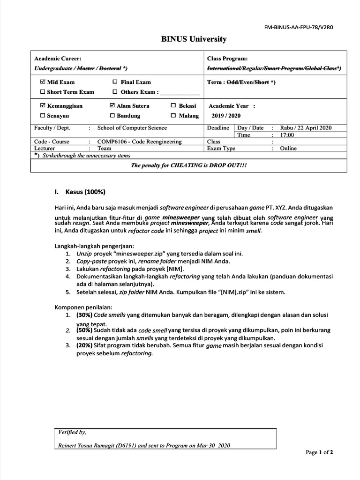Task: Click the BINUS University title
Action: [x=194, y=39]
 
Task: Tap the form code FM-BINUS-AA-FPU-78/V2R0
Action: [x=300, y=27]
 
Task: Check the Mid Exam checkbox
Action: [x=43, y=82]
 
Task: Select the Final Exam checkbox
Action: [x=115, y=82]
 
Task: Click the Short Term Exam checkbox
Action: [x=43, y=92]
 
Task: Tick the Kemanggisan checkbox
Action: [x=43, y=106]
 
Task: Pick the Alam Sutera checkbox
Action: [x=112, y=106]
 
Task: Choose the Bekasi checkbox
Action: [x=173, y=106]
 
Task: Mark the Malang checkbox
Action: [x=173, y=116]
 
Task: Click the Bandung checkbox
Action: [x=112, y=116]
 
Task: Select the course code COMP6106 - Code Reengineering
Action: [x=139, y=142]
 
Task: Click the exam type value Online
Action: [x=288, y=148]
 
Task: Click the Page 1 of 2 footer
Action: [x=319, y=452]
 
